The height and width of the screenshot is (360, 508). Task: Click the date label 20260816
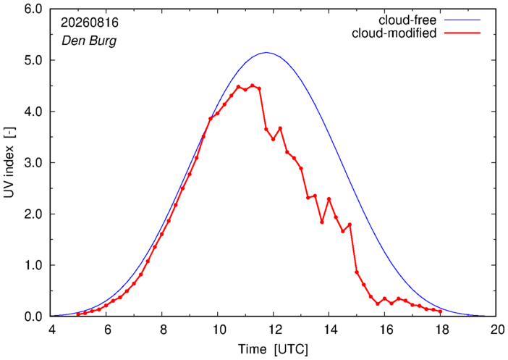click(x=90, y=22)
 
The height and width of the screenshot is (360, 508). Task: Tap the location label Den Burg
click(x=89, y=41)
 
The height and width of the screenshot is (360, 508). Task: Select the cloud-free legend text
click(x=407, y=20)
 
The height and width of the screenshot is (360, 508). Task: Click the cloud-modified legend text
click(x=394, y=33)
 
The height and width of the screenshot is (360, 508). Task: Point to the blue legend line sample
click(x=462, y=20)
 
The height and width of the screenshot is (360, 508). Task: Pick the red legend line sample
click(x=462, y=33)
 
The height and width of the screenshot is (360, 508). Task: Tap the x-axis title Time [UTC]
click(x=273, y=350)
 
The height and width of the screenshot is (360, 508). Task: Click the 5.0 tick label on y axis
click(x=33, y=60)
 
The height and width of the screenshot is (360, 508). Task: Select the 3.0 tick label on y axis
click(x=33, y=163)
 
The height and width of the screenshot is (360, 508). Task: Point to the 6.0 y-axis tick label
click(x=33, y=9)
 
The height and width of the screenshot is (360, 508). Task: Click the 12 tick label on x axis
click(x=274, y=330)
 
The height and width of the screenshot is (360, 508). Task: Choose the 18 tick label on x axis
click(x=441, y=330)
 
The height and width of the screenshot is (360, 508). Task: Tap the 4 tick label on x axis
click(x=51, y=330)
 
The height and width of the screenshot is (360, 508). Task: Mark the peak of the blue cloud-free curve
click(x=266, y=52)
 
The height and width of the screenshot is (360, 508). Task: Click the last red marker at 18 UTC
click(x=440, y=311)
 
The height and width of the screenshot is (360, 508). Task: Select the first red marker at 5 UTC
click(x=78, y=314)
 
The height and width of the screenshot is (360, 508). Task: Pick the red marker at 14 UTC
click(x=329, y=198)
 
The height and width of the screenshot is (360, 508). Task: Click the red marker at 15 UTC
click(x=357, y=272)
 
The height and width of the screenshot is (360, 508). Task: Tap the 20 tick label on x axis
click(x=496, y=330)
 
